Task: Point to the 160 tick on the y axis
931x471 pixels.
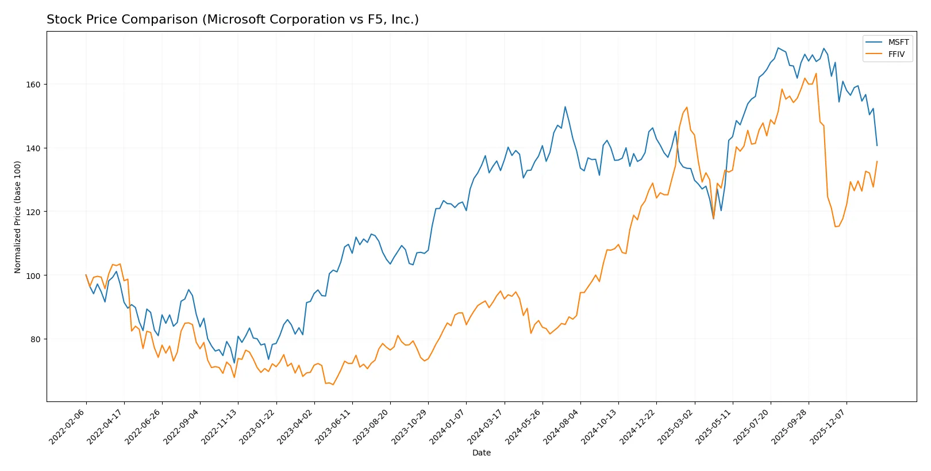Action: click(x=33, y=85)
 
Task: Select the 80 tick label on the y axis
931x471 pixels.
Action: click(x=33, y=339)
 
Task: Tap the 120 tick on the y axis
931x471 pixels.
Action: click(x=33, y=212)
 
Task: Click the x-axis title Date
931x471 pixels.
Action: click(x=481, y=453)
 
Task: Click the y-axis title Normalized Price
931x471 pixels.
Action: click(x=18, y=217)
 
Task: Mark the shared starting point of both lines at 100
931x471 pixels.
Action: click(x=86, y=275)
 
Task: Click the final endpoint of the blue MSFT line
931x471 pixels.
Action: click(x=877, y=145)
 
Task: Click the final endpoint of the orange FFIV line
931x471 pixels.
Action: click(x=877, y=162)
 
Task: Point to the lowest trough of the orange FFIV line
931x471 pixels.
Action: click(x=333, y=384)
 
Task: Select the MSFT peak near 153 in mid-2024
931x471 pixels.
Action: click(x=565, y=106)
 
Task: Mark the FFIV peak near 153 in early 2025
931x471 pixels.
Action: click(x=687, y=107)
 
